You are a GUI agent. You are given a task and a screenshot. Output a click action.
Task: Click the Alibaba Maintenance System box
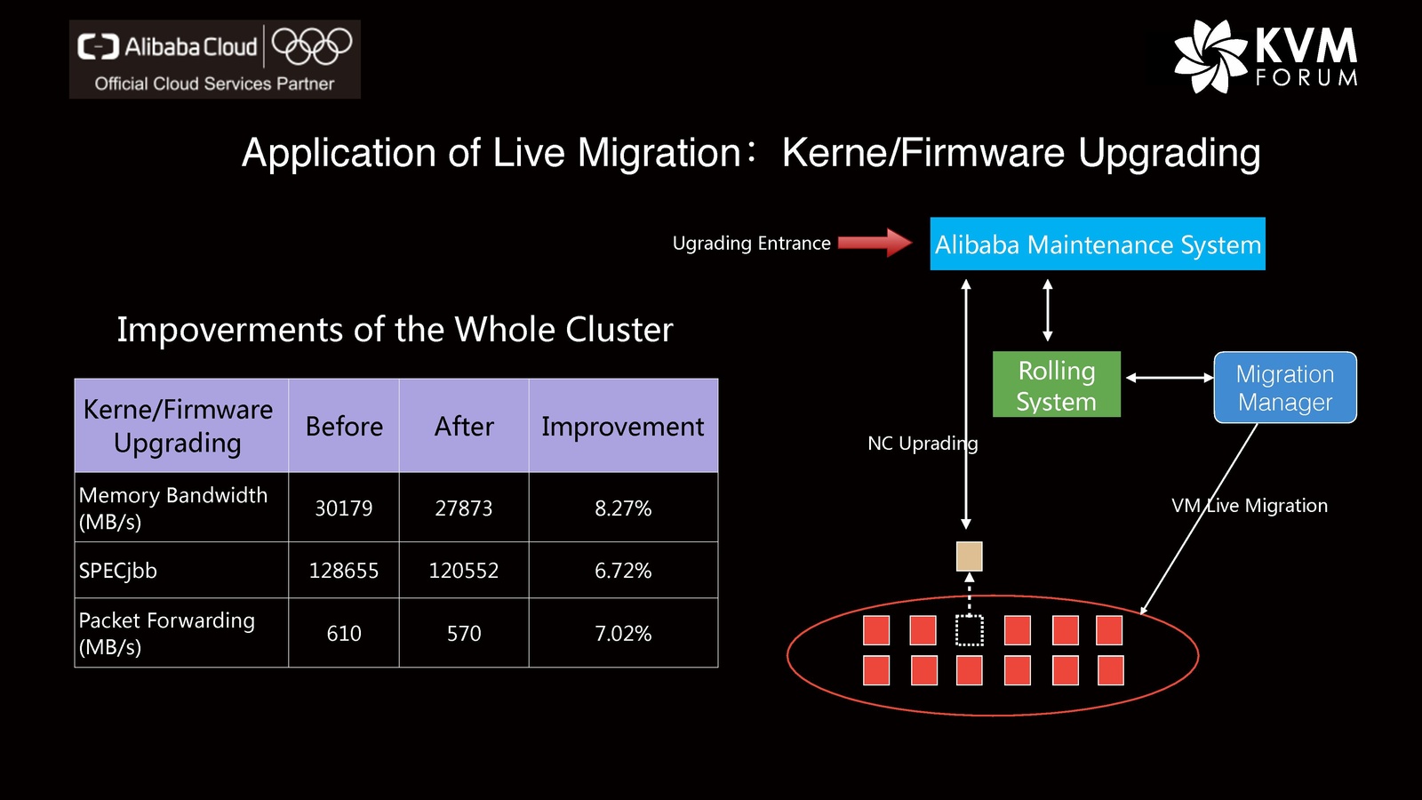click(x=1098, y=244)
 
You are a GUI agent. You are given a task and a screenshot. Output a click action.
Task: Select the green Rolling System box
click(x=1056, y=385)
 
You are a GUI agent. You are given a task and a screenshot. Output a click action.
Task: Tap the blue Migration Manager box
click(x=1285, y=388)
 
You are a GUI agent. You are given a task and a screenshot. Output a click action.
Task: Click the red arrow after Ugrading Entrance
click(x=875, y=242)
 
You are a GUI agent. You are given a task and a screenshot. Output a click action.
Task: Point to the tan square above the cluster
click(x=969, y=556)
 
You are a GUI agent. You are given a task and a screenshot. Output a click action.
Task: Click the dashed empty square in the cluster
click(x=969, y=630)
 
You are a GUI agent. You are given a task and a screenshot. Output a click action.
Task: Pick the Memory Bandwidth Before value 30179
click(x=344, y=508)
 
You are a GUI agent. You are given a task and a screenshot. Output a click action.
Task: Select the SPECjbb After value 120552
click(x=463, y=571)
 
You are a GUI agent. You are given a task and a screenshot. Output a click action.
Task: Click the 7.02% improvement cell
click(x=623, y=633)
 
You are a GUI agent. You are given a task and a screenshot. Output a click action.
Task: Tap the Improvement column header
click(x=622, y=427)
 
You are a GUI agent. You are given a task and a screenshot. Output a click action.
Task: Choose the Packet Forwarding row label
click(x=167, y=633)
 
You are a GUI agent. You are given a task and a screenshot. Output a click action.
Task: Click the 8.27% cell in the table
click(x=623, y=508)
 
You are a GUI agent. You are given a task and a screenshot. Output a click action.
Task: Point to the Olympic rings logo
click(x=312, y=46)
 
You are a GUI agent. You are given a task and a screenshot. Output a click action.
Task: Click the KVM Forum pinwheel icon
click(x=1210, y=56)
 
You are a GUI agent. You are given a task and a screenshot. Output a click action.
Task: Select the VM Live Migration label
click(x=1250, y=506)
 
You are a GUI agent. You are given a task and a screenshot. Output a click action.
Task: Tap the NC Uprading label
click(x=923, y=444)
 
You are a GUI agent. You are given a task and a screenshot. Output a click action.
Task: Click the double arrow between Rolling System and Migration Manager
click(x=1169, y=378)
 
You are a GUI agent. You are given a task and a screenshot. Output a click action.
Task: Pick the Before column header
click(x=344, y=427)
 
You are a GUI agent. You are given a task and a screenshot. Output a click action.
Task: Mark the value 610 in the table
click(x=344, y=633)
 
